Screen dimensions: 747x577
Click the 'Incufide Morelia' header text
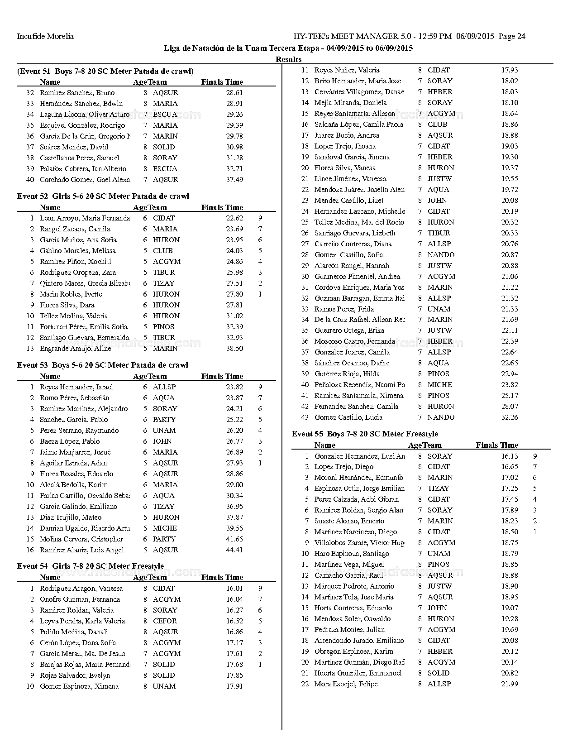[x=45, y=36]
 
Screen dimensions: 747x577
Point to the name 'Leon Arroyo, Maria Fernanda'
[x=85, y=218]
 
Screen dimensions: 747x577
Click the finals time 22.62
[x=234, y=218]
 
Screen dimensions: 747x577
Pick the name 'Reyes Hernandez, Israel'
[x=76, y=387]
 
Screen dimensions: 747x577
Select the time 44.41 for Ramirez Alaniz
[x=234, y=550]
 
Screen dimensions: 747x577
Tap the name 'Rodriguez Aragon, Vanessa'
[x=81, y=589]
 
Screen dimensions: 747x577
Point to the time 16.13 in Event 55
[x=510, y=456]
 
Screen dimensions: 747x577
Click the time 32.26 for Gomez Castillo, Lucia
[x=510, y=417]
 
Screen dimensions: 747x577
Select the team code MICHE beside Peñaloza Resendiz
[x=439, y=385]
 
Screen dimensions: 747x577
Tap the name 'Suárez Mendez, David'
[x=74, y=147]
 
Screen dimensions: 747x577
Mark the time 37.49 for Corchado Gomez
[x=234, y=180]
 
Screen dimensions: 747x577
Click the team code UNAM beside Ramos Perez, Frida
[x=439, y=309]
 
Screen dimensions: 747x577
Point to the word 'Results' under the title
[x=288, y=59]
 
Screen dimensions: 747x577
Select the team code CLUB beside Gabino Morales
[x=162, y=251]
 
